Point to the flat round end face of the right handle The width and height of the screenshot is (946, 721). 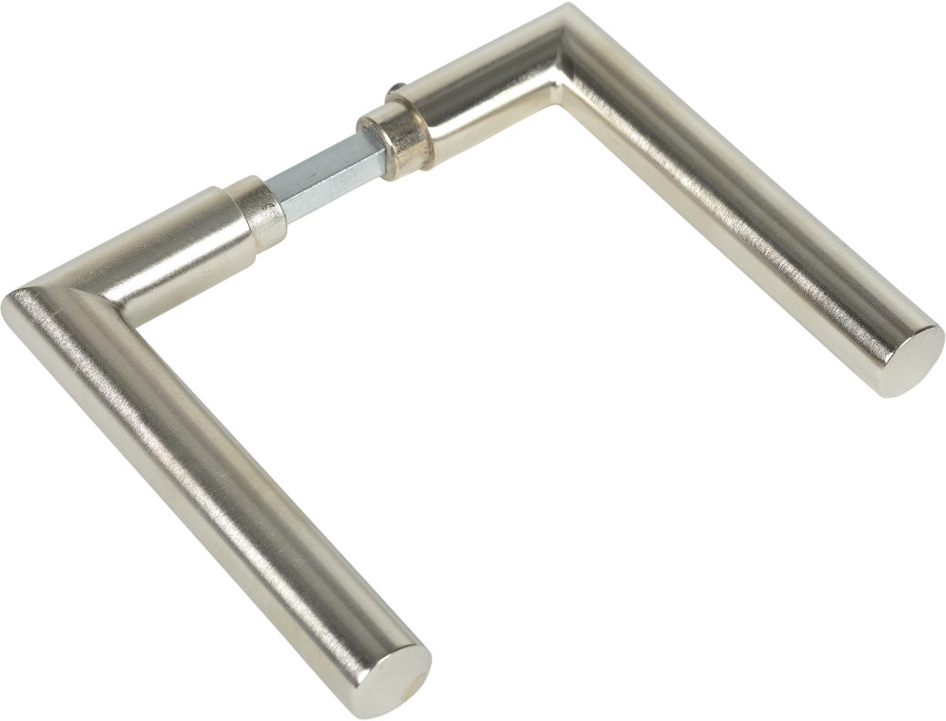[911, 359]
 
